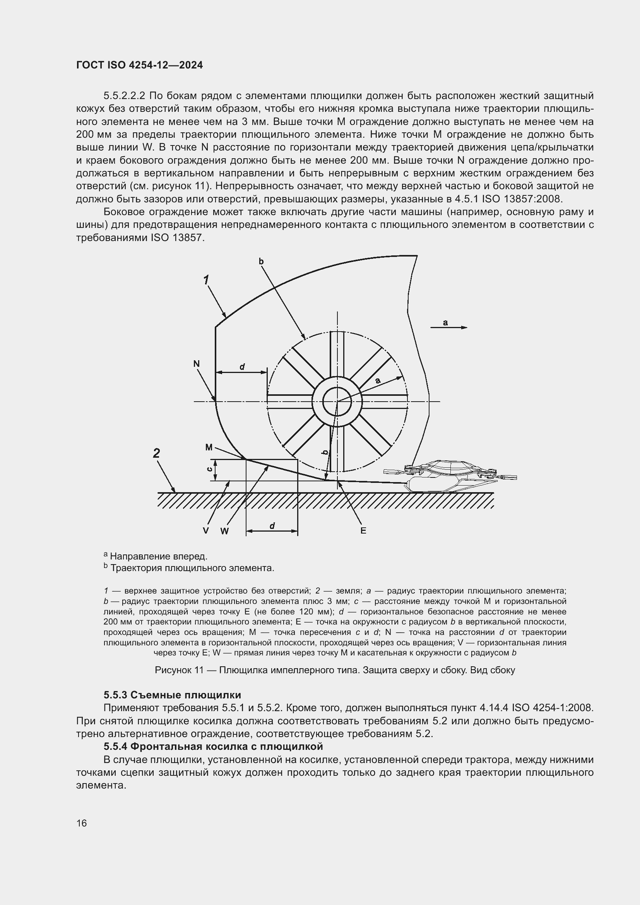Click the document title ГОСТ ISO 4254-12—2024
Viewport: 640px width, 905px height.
point(140,65)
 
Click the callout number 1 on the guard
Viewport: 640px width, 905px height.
point(206,280)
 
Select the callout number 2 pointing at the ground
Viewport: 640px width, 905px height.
point(156,453)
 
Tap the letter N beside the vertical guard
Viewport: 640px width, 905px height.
point(196,364)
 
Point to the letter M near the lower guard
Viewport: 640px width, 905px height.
point(209,447)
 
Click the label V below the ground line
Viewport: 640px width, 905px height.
point(206,531)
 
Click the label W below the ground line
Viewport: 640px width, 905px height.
point(224,531)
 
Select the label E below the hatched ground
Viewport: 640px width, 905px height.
point(363,531)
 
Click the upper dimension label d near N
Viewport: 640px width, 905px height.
point(242,367)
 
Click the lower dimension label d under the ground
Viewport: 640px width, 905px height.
point(272,526)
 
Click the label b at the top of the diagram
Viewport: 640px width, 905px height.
point(261,261)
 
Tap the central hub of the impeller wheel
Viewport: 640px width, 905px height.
point(337,402)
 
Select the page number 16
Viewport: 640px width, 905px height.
point(82,823)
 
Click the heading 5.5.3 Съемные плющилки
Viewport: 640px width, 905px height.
point(172,695)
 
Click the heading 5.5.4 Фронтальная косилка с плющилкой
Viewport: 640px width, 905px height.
point(213,746)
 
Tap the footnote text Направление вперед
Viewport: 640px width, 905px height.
point(158,556)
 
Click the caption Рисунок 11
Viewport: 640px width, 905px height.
point(335,670)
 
